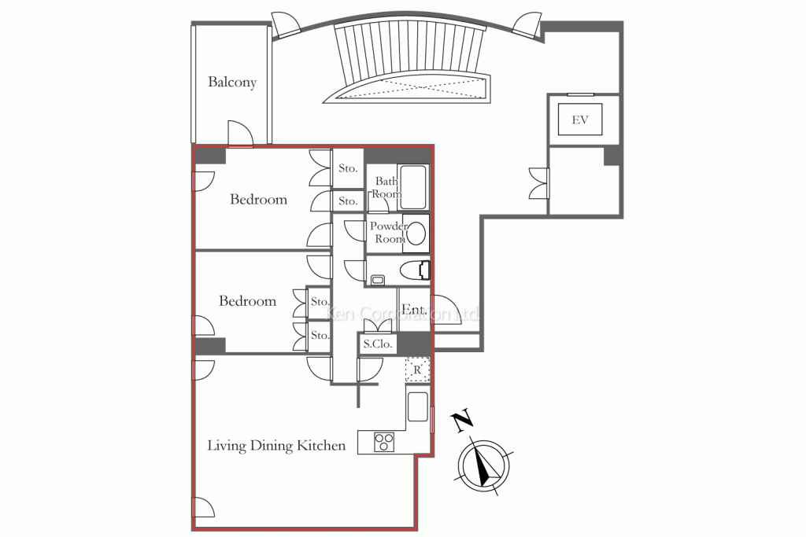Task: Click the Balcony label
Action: click(232, 82)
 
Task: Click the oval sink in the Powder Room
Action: click(416, 234)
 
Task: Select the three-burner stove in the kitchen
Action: click(383, 442)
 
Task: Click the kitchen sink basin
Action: click(418, 406)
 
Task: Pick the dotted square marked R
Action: click(416, 369)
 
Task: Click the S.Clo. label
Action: click(378, 344)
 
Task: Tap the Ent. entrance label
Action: click(414, 311)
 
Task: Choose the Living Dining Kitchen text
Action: click(276, 446)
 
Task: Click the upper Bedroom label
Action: click(258, 200)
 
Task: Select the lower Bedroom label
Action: click(247, 301)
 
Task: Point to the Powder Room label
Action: click(389, 233)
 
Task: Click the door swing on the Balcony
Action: click(239, 134)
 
